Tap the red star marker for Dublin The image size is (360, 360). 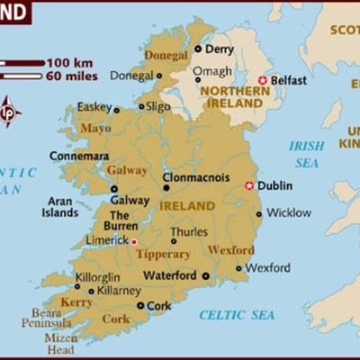[248, 186]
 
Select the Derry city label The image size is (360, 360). [219, 49]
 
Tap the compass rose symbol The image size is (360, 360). [10, 112]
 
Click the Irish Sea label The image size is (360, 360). [307, 153]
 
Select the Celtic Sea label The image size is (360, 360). [237, 315]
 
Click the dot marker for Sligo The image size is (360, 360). [142, 106]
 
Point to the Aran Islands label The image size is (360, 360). [60, 207]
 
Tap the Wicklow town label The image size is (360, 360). [288, 213]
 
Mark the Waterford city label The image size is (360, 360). [171, 276]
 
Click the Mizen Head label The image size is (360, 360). [60, 344]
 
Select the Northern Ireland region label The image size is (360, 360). [232, 97]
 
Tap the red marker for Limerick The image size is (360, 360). [134, 242]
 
